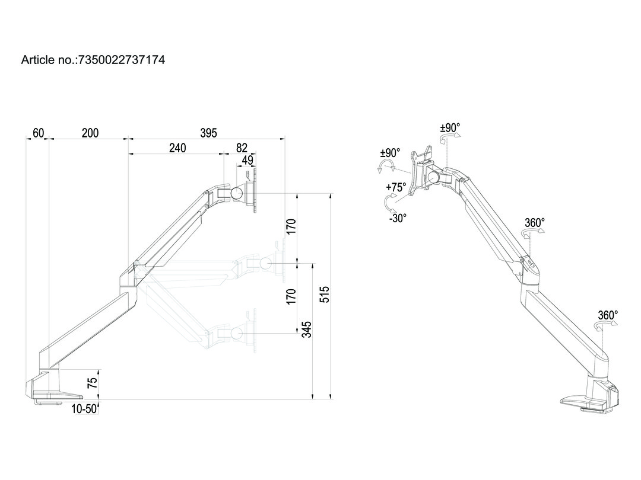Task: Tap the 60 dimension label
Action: (x=38, y=133)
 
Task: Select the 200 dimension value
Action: (x=90, y=133)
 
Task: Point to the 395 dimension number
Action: (x=208, y=133)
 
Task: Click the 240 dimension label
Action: (x=177, y=148)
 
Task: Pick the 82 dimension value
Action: (x=242, y=148)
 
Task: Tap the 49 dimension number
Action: (x=248, y=159)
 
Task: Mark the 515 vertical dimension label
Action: (x=324, y=295)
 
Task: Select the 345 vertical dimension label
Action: (x=306, y=329)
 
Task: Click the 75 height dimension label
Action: (x=92, y=382)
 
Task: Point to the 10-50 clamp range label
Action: (x=84, y=408)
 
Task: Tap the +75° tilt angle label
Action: (x=396, y=187)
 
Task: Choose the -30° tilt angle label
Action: (x=397, y=218)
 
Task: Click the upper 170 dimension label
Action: (x=291, y=226)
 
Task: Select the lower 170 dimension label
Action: (x=291, y=296)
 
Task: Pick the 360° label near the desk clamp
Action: (x=608, y=315)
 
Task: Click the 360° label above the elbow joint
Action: (x=534, y=223)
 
